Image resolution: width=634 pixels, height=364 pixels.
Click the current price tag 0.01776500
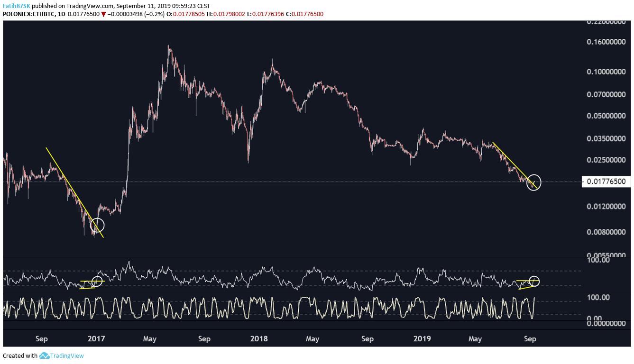(606, 182)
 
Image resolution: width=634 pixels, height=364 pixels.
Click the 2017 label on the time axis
(96, 339)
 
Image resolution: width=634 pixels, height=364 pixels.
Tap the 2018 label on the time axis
(259, 339)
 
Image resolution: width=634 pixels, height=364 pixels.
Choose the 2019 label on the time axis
(422, 339)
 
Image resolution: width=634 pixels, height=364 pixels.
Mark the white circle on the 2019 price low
(533, 182)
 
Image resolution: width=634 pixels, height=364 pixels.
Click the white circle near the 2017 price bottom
(97, 225)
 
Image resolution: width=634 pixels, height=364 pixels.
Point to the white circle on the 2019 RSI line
(534, 281)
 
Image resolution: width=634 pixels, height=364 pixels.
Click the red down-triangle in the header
(103, 14)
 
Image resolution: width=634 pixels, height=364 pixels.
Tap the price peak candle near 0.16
(169, 47)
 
